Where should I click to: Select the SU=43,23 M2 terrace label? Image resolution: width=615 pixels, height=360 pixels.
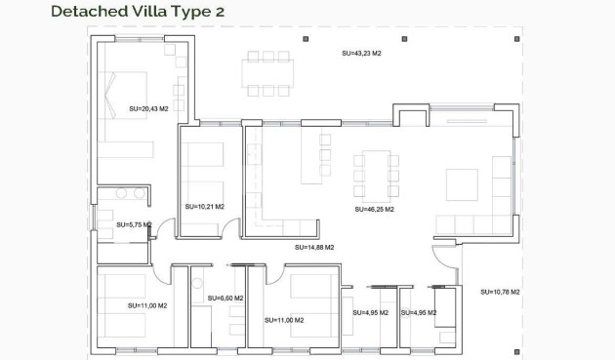(x=361, y=53)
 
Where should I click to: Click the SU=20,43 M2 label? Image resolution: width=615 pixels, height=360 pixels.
(x=148, y=108)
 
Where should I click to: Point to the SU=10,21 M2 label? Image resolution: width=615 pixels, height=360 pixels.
(x=204, y=207)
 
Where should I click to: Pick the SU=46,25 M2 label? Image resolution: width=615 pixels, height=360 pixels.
(x=374, y=209)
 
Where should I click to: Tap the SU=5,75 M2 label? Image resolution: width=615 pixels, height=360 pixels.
(x=134, y=224)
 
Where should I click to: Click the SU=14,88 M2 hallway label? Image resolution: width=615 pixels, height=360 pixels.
(x=314, y=248)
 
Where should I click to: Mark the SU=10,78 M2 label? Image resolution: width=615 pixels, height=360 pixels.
(x=500, y=292)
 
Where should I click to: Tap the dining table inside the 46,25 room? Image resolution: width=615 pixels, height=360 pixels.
(x=376, y=176)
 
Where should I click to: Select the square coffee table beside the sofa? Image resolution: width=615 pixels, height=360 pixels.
(x=462, y=184)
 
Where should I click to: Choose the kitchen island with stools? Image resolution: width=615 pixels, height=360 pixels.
(x=312, y=159)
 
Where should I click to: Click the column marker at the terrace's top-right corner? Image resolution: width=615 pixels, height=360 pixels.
(x=515, y=40)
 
